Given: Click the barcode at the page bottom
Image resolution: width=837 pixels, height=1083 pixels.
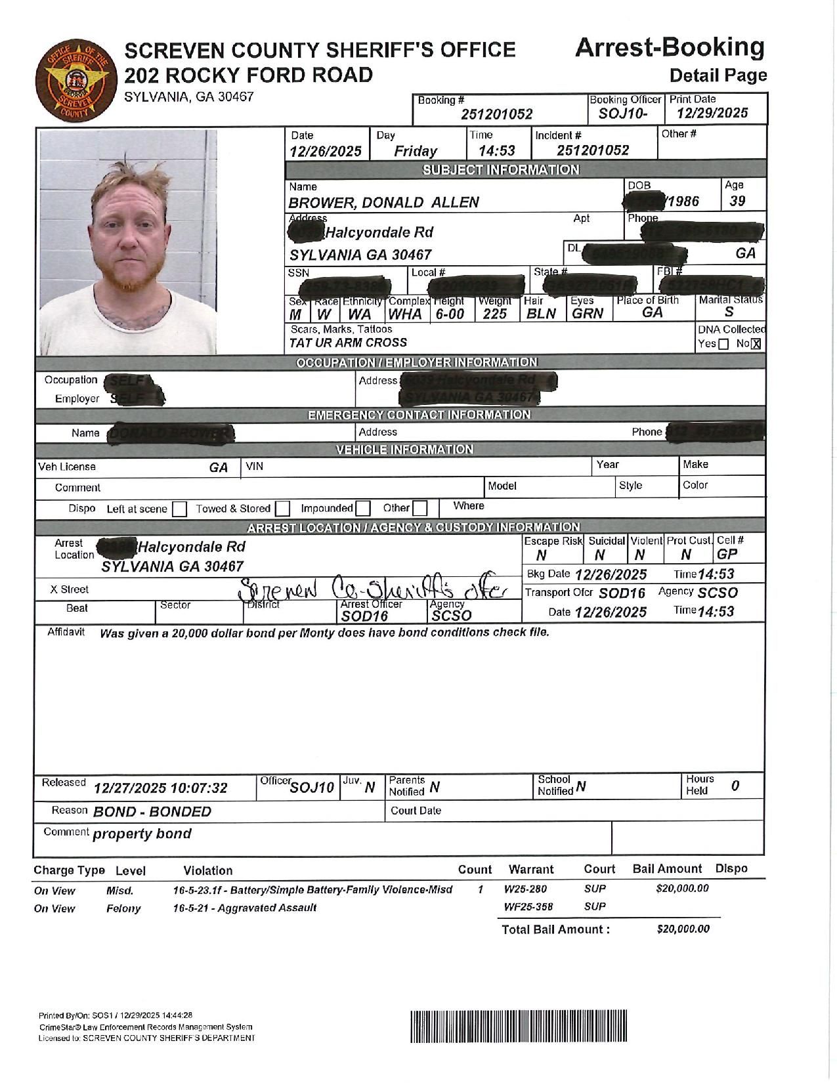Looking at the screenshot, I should click(519, 1025).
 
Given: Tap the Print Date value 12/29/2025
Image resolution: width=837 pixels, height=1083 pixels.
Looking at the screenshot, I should click(712, 113).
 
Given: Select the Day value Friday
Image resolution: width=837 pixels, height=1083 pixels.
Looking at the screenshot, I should click(416, 151).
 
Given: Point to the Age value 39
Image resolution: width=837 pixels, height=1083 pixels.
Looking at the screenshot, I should click(737, 202).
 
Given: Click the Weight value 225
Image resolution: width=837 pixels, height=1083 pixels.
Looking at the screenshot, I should click(494, 314).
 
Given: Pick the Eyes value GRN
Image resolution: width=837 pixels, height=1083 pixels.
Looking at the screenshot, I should click(587, 314).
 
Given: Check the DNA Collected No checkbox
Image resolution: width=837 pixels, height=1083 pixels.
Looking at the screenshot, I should click(756, 344).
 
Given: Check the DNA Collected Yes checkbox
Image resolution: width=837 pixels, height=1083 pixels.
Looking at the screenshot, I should click(723, 344).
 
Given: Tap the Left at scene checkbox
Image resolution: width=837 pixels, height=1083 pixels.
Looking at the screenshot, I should click(180, 509).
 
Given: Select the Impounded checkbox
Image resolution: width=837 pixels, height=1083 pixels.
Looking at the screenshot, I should click(363, 509).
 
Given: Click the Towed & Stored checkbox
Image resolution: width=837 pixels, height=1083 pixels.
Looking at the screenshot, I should click(283, 509).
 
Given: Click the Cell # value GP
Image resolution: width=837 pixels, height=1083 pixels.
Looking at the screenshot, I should click(727, 554).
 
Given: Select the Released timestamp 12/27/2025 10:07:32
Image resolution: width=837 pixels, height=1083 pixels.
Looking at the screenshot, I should click(160, 788).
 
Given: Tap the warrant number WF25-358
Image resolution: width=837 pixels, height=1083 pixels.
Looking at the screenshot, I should click(528, 907).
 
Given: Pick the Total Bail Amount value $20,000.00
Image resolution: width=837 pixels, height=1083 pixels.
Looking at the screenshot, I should click(683, 929).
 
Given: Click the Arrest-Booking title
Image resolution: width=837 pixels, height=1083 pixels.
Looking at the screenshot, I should click(670, 48).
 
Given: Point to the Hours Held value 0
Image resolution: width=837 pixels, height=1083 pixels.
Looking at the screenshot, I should click(735, 786).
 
